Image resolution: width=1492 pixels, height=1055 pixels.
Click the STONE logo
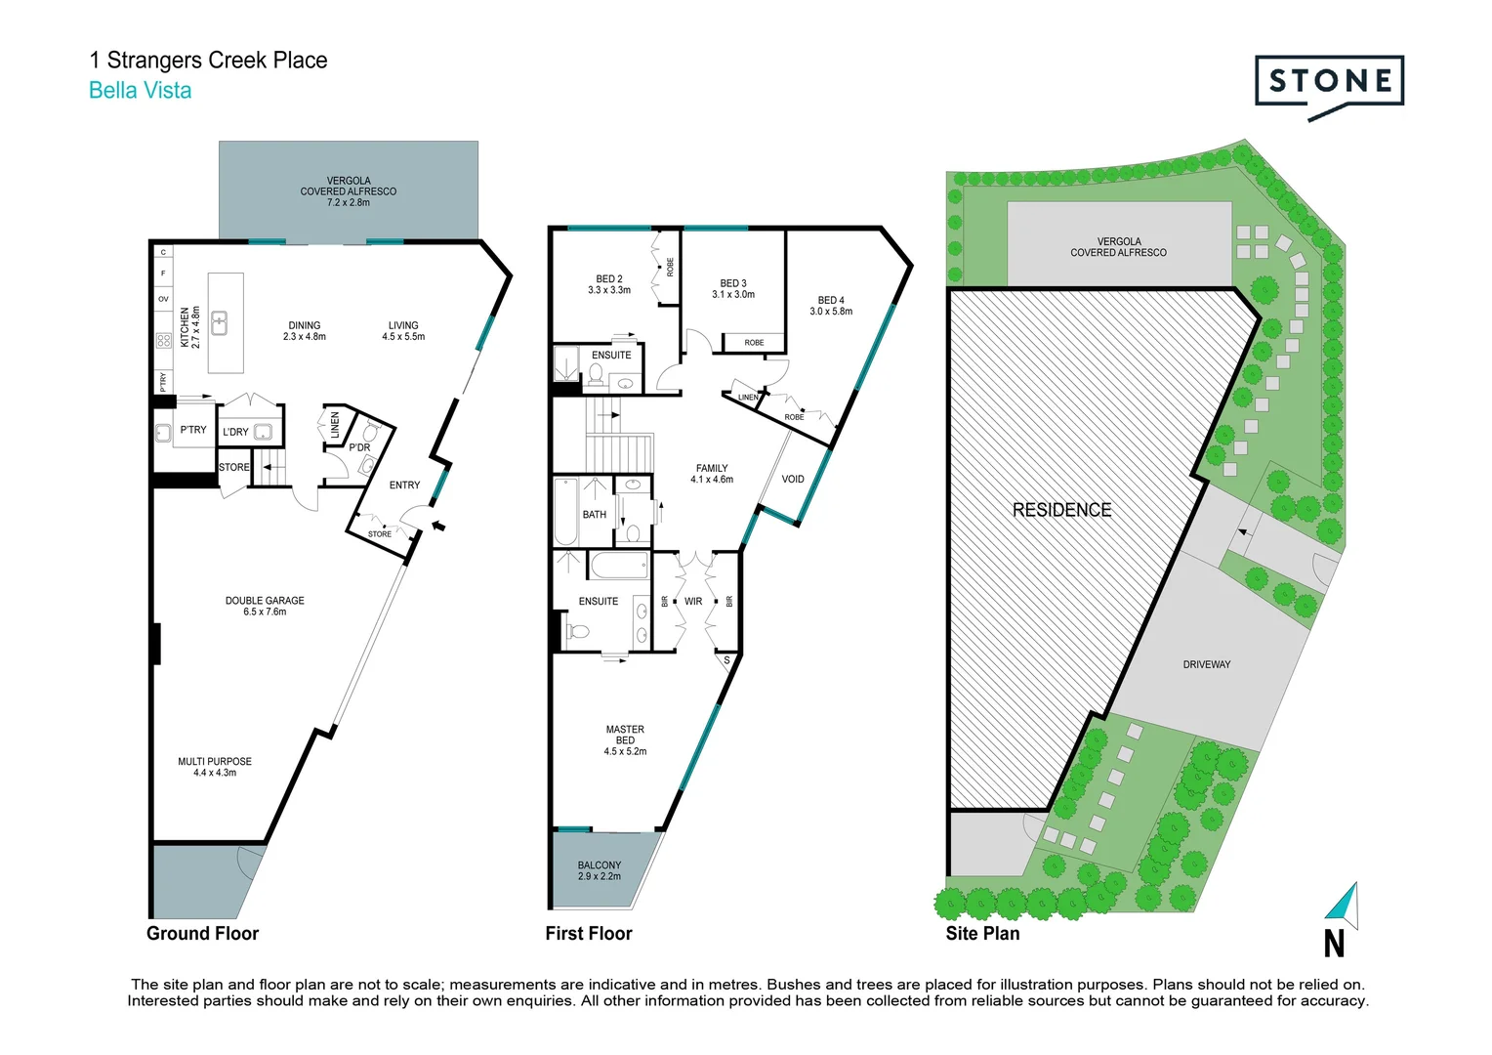pyautogui.click(x=1329, y=83)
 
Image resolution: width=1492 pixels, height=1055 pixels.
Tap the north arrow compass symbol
pyautogui.click(x=1344, y=906)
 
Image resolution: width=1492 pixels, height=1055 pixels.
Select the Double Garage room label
pyautogui.click(x=265, y=606)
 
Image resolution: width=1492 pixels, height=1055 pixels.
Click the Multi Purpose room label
pyautogui.click(x=215, y=767)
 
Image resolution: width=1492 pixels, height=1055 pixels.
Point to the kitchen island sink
pyautogui.click(x=221, y=322)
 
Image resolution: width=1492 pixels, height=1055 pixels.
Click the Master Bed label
pyautogui.click(x=625, y=740)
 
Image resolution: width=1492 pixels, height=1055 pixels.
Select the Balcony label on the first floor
pyautogui.click(x=599, y=870)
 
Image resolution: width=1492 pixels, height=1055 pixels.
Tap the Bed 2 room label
pyautogui.click(x=609, y=284)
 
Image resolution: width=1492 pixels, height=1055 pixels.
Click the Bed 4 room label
pyautogui.click(x=831, y=306)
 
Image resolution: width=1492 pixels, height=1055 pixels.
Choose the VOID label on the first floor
pyautogui.click(x=793, y=479)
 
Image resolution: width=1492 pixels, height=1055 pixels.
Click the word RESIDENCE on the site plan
pyautogui.click(x=1061, y=510)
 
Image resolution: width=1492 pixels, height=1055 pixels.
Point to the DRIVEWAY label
pyautogui.click(x=1206, y=664)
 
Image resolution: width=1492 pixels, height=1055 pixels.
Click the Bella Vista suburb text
pyautogui.click(x=140, y=91)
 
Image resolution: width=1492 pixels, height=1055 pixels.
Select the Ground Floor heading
pyautogui.click(x=202, y=933)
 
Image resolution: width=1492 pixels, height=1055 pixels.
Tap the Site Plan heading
pyautogui.click(x=982, y=933)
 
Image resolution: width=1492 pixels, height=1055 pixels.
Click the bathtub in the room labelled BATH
pyautogui.click(x=565, y=513)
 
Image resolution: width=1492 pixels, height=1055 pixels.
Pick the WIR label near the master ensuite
pyautogui.click(x=693, y=602)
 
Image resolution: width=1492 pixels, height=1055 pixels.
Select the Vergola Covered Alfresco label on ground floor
pyautogui.click(x=349, y=191)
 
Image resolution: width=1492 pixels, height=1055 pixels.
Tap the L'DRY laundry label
pyautogui.click(x=235, y=432)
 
